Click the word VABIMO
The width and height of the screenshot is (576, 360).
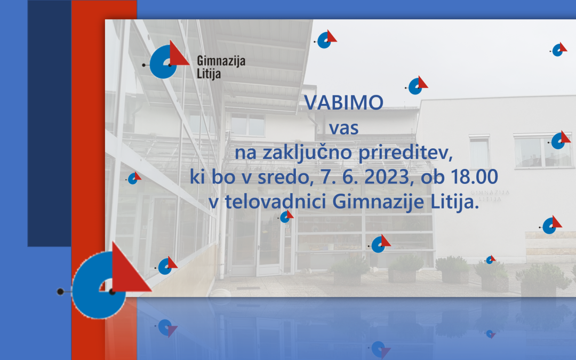pos(344,102)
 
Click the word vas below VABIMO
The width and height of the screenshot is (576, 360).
pos(344,128)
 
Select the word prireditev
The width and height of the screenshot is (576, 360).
pos(405,153)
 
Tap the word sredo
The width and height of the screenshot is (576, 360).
pos(285,177)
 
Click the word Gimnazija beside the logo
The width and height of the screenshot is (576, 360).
pos(221,61)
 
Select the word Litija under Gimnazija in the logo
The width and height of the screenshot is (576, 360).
pos(209,74)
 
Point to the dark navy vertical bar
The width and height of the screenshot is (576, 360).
pos(49,123)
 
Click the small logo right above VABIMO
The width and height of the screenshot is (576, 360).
pos(417,85)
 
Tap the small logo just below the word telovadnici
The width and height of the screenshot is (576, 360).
pos(286,217)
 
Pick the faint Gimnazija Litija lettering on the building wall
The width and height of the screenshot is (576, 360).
pos(490,196)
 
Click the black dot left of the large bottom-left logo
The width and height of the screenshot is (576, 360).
pos(60,292)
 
